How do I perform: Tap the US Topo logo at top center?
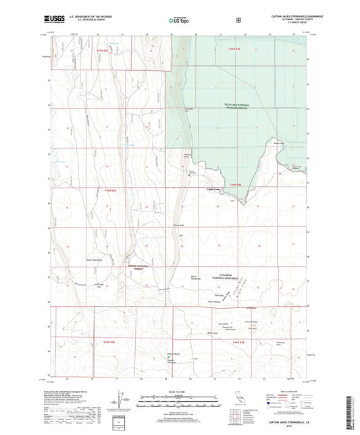178,21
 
